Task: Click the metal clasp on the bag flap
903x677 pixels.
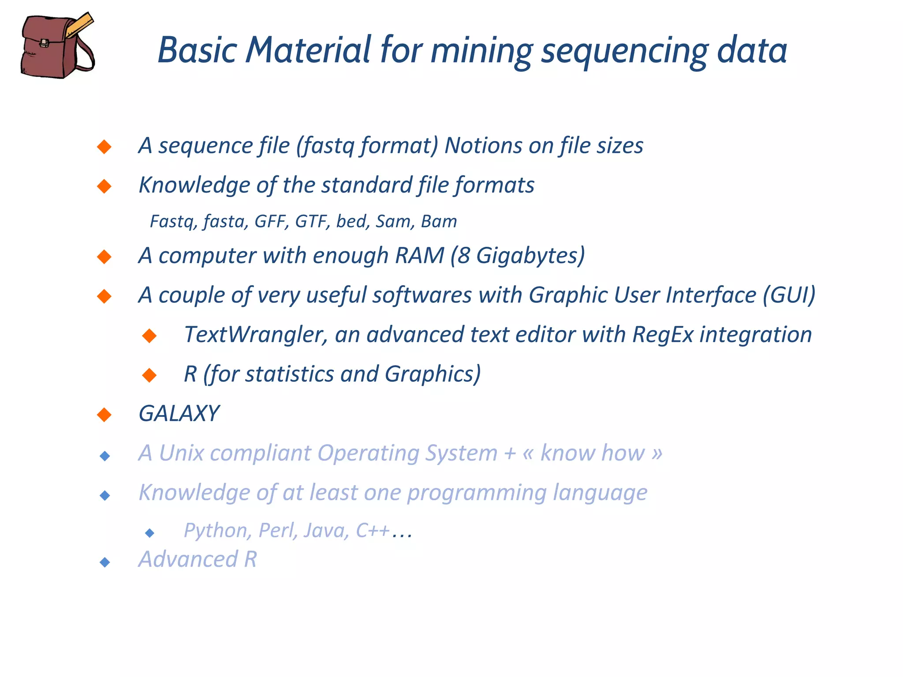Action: click(44, 43)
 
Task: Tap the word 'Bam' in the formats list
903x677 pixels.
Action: click(439, 221)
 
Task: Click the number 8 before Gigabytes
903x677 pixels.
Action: click(463, 256)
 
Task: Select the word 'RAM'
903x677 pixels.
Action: click(419, 256)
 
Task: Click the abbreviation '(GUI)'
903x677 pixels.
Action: click(789, 295)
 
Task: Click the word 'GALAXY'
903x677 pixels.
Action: click(179, 413)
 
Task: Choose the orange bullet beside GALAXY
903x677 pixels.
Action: click(104, 414)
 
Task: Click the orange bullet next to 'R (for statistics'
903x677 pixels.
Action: click(149, 375)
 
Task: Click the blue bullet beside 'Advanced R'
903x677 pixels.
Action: click(105, 562)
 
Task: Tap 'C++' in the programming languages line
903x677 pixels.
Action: click(373, 530)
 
